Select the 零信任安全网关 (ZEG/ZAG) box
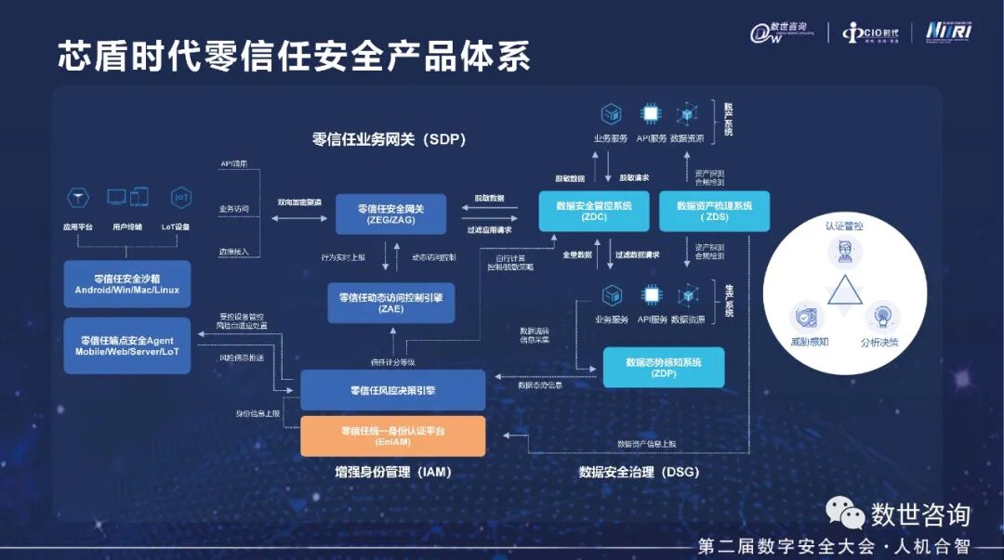(x=391, y=215)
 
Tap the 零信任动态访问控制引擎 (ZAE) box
(x=390, y=303)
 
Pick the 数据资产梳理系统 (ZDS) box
(x=714, y=211)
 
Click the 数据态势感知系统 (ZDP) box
(x=663, y=368)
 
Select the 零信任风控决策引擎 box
(x=392, y=390)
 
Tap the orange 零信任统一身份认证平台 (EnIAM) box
(x=392, y=436)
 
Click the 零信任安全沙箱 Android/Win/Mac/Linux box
(x=127, y=283)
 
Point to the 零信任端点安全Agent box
(x=127, y=345)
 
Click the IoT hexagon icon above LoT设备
(x=180, y=197)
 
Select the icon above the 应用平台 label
(x=76, y=197)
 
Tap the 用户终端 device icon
(x=127, y=197)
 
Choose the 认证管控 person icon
(x=844, y=252)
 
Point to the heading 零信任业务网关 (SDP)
(x=389, y=140)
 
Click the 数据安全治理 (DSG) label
(x=639, y=472)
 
